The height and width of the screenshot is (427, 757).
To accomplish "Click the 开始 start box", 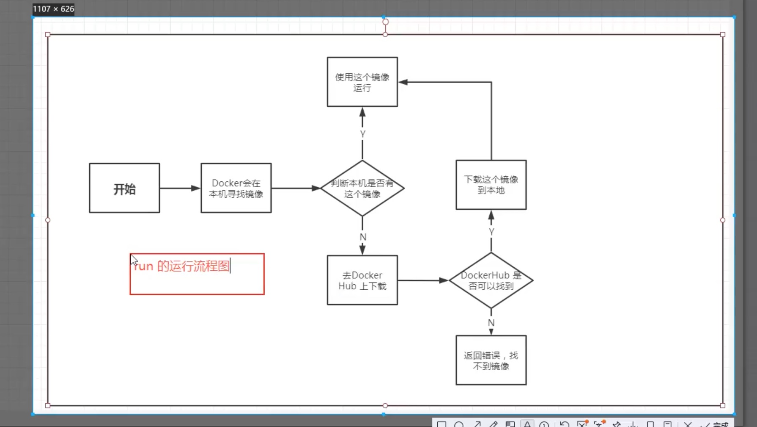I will [x=124, y=188].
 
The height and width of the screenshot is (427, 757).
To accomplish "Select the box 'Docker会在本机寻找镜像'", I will [x=236, y=188].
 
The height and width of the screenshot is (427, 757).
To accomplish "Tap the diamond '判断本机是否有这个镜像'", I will [x=362, y=188].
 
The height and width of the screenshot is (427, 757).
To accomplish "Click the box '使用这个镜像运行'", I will [x=362, y=82].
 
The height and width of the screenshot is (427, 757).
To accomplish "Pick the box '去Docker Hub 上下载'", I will [x=362, y=280].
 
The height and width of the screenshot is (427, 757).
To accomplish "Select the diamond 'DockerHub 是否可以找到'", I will [x=491, y=280].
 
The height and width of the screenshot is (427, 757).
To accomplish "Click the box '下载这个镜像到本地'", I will [x=491, y=185].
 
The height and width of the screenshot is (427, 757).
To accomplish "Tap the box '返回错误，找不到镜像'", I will [x=491, y=360].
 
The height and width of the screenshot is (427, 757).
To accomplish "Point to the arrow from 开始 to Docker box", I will [x=180, y=188].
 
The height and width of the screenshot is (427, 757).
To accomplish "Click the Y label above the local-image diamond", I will [x=362, y=134].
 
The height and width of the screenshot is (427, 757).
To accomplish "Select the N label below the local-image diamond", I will [x=363, y=237].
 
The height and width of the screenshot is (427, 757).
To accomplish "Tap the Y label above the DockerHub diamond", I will [x=491, y=232].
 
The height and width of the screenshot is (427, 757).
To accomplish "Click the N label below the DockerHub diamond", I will [x=491, y=323].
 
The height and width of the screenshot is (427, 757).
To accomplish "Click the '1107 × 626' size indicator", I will [x=53, y=8].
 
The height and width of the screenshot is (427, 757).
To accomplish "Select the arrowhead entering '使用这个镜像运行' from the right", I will [x=403, y=82].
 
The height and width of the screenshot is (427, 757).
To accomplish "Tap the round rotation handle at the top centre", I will [x=385, y=22].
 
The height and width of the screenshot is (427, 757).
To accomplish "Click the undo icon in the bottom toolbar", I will [x=564, y=424].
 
